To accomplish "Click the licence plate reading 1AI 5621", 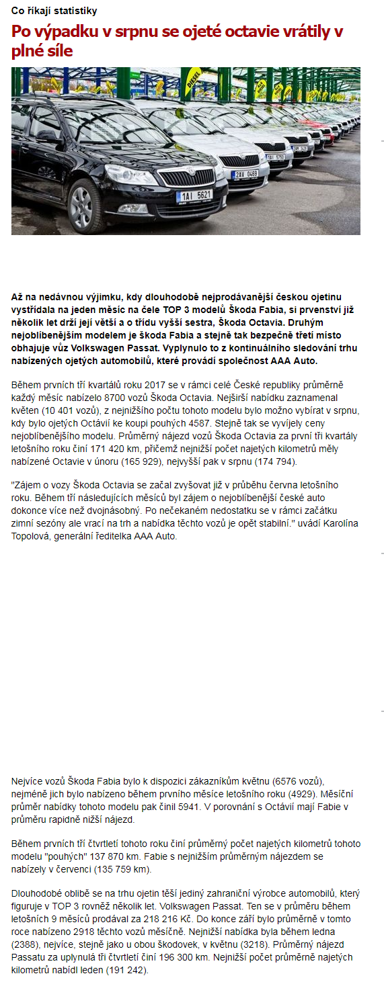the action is (x=194, y=195).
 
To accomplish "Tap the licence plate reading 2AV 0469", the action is (x=245, y=174).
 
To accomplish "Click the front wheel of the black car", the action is (x=81, y=204).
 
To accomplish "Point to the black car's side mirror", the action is (x=48, y=136).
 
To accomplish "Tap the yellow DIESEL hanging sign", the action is (x=193, y=77).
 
